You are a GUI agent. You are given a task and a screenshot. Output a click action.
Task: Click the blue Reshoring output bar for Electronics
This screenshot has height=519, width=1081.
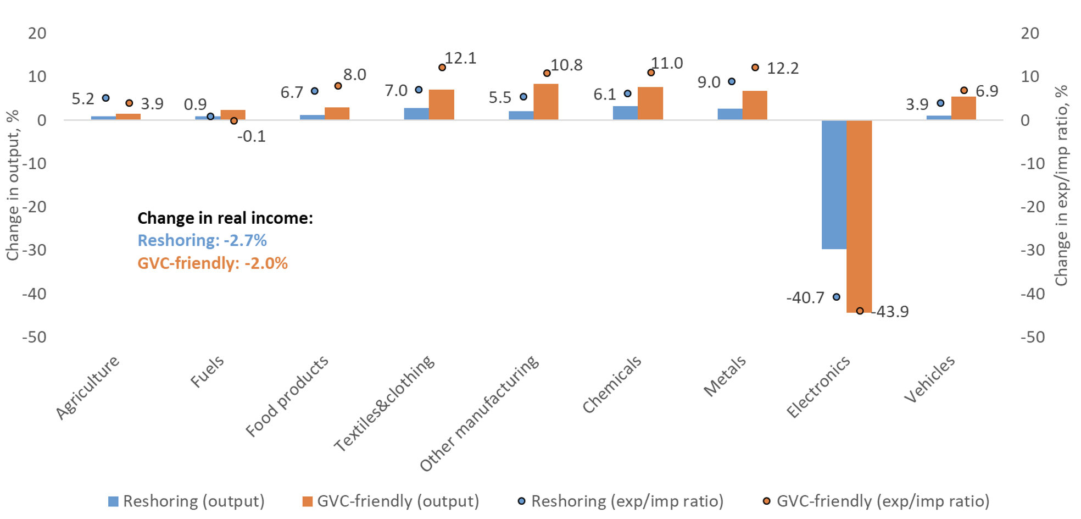point(834,184)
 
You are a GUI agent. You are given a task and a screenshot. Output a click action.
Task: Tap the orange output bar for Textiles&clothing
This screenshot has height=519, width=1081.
point(441,104)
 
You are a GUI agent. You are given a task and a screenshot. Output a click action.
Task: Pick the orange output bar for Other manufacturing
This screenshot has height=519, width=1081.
point(545,102)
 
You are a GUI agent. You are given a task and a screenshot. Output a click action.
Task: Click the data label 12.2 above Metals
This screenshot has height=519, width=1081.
point(783,69)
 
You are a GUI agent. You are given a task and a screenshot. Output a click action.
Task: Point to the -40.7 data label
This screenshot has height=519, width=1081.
point(805,298)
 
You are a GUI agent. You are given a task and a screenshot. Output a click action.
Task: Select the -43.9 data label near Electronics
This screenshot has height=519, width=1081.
point(891,312)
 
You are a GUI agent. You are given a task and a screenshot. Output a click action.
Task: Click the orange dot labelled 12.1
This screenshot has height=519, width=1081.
point(442,68)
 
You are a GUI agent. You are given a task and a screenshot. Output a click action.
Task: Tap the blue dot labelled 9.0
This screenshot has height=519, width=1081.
point(732,82)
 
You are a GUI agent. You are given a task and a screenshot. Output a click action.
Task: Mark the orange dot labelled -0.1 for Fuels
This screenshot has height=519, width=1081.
point(234,121)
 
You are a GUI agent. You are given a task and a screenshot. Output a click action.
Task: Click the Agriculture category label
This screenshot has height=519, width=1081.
point(88,387)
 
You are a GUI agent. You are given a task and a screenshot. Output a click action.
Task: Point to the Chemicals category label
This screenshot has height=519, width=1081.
point(612,384)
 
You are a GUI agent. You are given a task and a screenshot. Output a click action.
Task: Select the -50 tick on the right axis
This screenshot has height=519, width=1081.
point(1033,337)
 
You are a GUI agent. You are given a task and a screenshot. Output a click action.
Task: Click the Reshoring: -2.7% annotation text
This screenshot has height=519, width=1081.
point(202,241)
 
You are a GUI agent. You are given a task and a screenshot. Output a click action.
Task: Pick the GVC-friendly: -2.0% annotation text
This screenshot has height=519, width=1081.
point(213,263)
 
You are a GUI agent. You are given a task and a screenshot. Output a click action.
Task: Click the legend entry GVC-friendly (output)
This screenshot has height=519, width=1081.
point(391,501)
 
